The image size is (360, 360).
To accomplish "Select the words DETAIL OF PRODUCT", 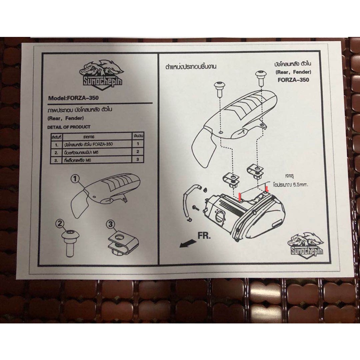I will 69,127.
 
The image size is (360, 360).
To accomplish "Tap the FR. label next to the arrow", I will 204,236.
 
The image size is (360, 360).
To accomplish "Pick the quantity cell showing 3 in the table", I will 138,159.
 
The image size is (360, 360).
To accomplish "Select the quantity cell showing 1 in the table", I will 138,144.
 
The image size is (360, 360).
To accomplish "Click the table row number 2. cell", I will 56,152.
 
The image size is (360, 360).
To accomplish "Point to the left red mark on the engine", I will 240,196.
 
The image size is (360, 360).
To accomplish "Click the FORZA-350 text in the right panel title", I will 293,80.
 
